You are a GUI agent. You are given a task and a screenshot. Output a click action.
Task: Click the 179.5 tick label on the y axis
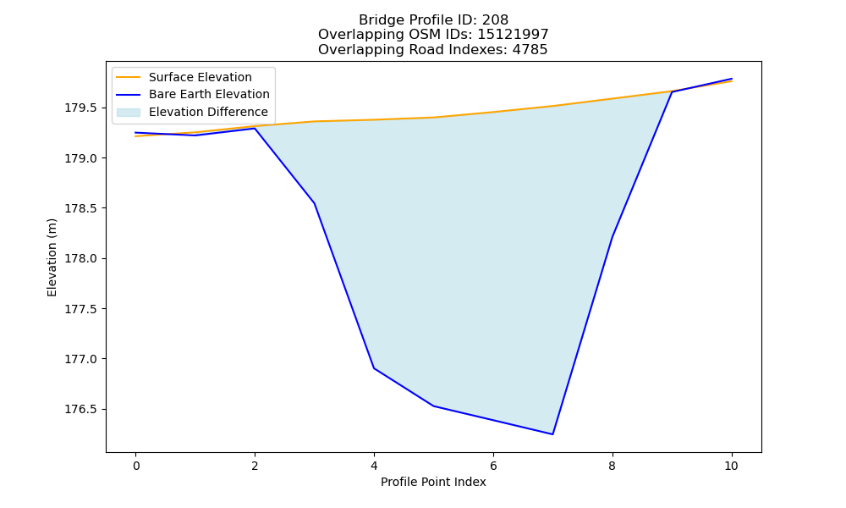[x=81, y=108]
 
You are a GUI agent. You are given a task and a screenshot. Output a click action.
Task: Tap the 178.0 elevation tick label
[x=81, y=258]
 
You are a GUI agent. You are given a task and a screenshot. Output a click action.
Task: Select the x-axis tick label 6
[x=493, y=466]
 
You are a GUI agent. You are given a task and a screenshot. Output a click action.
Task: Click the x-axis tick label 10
[x=731, y=466]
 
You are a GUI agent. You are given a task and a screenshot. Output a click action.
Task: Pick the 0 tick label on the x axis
[x=136, y=466]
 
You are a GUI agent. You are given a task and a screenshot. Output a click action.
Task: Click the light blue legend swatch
[x=129, y=113]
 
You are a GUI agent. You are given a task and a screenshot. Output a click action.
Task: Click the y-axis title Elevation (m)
[x=52, y=257]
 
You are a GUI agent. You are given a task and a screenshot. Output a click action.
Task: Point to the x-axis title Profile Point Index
[x=433, y=482]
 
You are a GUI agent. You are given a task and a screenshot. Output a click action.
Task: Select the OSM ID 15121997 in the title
[x=514, y=35]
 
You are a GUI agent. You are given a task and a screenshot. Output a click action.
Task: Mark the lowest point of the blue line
[x=552, y=434]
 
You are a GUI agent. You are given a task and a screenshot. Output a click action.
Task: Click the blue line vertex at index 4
[x=374, y=368]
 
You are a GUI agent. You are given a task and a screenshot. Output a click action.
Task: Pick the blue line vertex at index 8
[x=613, y=236]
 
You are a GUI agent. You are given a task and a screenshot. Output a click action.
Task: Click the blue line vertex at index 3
[x=314, y=203]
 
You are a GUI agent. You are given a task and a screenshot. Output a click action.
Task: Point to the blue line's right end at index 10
[x=732, y=79]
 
